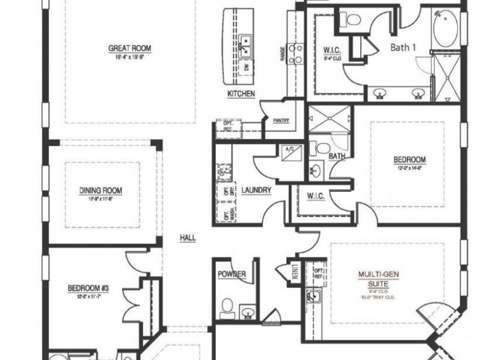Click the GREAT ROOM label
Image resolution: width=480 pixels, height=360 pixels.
pyautogui.click(x=130, y=49)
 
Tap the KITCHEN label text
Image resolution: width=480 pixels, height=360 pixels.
pyautogui.click(x=241, y=94)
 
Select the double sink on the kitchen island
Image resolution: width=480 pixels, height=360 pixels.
pyautogui.click(x=246, y=45)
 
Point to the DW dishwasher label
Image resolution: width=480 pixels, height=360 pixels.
pyautogui.click(x=246, y=68)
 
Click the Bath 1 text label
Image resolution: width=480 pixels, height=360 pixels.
pyautogui.click(x=403, y=47)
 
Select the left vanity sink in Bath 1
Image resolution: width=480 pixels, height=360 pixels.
pyautogui.click(x=380, y=93)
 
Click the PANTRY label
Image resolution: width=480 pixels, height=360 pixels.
pyautogui.click(x=281, y=121)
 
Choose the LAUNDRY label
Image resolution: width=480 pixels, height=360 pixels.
pyautogui.click(x=257, y=190)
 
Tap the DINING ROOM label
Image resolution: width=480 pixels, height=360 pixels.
pyautogui.click(x=101, y=190)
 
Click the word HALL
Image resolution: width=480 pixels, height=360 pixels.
pyautogui.click(x=188, y=239)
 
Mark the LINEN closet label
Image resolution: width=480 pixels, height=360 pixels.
pyautogui.click(x=295, y=273)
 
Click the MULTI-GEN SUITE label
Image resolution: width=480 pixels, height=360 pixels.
pyautogui.click(x=379, y=278)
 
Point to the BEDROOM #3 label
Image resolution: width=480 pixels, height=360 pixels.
pyautogui.click(x=88, y=289)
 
